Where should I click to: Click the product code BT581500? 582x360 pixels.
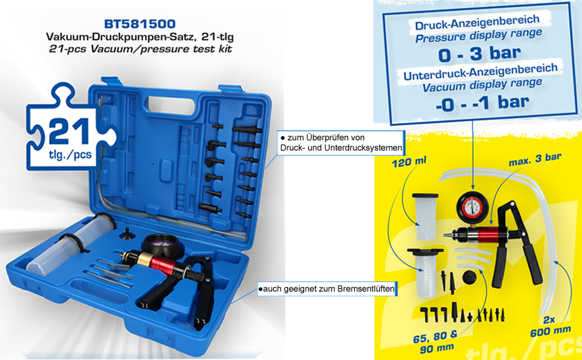140,24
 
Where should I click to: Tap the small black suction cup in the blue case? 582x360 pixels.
126,232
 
